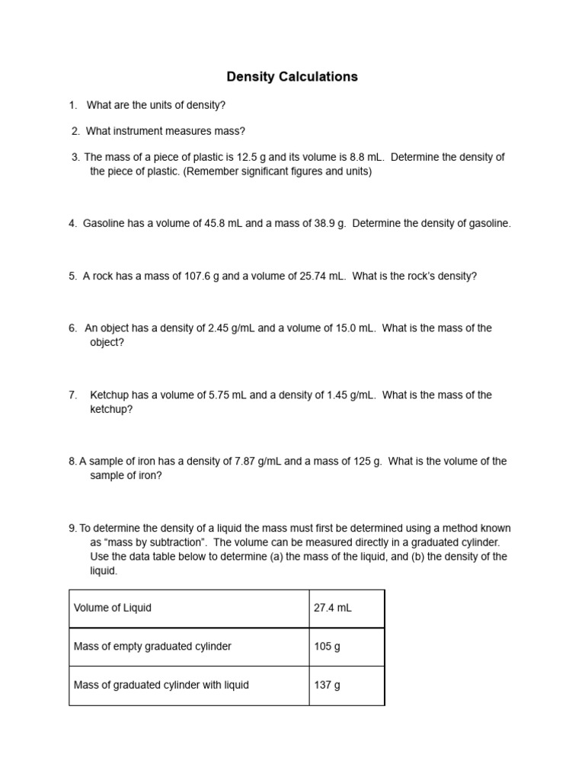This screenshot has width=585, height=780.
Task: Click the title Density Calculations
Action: click(x=292, y=77)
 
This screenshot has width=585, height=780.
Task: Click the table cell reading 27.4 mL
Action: click(x=332, y=608)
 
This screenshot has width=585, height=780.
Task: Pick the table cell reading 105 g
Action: click(x=327, y=647)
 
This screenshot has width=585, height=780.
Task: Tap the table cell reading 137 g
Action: click(x=327, y=685)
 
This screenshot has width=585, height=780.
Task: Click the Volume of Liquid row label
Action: click(x=113, y=608)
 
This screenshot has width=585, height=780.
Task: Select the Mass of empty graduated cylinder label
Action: click(x=152, y=647)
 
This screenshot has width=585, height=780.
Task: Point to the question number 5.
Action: click(x=72, y=276)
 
